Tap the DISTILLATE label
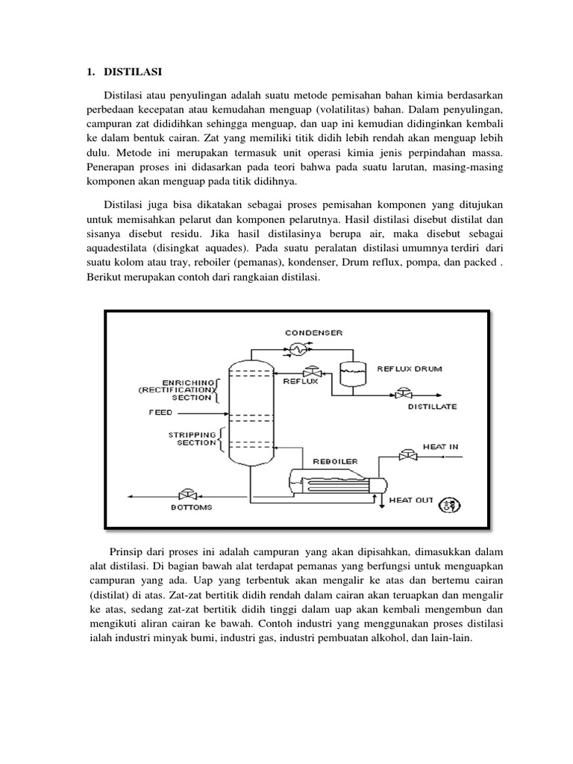(x=432, y=407)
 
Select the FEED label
(x=160, y=412)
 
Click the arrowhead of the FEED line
(x=224, y=411)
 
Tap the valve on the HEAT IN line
(x=407, y=454)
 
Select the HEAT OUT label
(x=411, y=500)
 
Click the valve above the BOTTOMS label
(x=184, y=494)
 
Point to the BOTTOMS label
(x=191, y=507)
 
